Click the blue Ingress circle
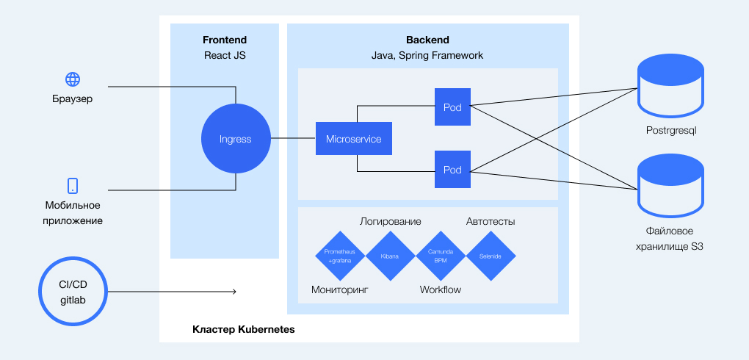pos(235,139)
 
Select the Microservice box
pos(353,139)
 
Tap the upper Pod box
pos(452,107)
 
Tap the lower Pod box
pos(452,169)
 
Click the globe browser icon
pos(73,79)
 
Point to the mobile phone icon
pos(73,185)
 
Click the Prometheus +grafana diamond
pos(340,256)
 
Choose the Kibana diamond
pos(390,256)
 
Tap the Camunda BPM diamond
pos(441,256)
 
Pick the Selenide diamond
pos(491,256)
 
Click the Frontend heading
pos(225,40)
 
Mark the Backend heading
pos(427,40)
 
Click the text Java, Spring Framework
pos(427,55)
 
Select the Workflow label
pos(441,289)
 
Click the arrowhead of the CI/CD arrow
pos(234,292)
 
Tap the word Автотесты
pos(491,221)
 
